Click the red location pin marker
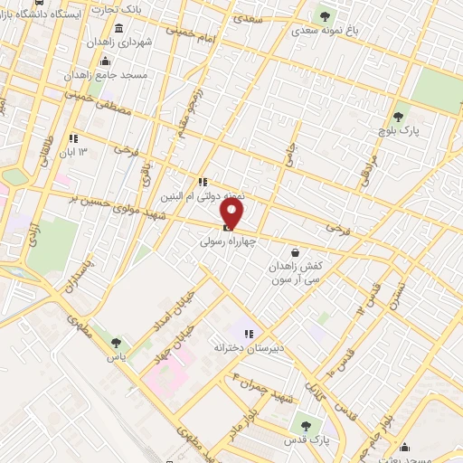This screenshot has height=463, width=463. [232, 214]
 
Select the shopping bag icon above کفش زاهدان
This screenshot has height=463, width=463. [295, 253]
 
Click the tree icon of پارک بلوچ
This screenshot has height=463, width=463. [398, 116]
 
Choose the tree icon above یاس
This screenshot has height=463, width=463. [115, 342]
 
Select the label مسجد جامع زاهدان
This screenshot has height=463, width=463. [103, 77]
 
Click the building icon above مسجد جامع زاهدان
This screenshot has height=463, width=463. [106, 61]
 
